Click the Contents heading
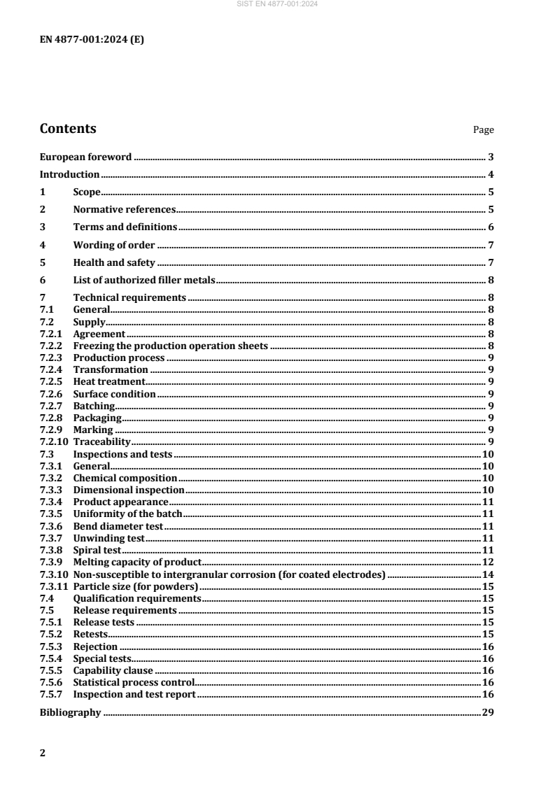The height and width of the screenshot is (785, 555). [x=68, y=129]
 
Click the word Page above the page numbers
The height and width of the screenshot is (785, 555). [x=484, y=130]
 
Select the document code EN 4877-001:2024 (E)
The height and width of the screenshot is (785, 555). [x=92, y=39]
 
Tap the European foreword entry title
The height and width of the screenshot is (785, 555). [x=85, y=157]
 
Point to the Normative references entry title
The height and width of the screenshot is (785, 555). [x=124, y=209]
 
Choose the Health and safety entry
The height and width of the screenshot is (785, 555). [x=113, y=262]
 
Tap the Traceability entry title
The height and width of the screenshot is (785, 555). [x=102, y=442]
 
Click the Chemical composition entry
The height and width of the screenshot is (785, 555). [x=125, y=478]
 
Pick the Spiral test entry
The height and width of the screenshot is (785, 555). [x=97, y=550]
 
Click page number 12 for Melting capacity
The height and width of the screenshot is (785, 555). [x=489, y=562]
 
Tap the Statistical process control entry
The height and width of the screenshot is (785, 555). [x=134, y=682]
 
